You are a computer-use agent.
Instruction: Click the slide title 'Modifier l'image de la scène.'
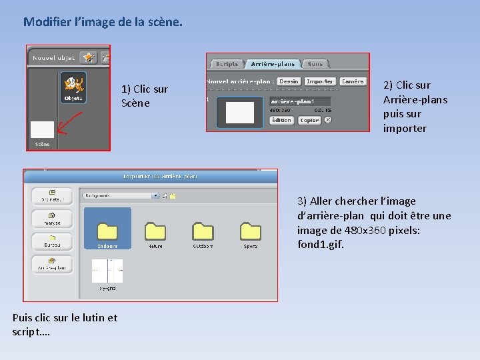click(x=102, y=22)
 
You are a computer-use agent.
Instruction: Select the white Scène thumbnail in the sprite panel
click(x=42, y=129)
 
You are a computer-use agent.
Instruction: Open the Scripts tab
click(x=227, y=64)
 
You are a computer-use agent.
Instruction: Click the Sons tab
click(x=315, y=64)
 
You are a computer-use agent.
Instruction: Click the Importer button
click(x=319, y=81)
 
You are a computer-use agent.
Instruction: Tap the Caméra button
click(x=352, y=81)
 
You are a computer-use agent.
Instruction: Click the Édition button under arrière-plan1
click(x=281, y=120)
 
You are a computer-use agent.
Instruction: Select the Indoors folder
click(x=107, y=230)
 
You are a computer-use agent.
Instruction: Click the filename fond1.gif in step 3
click(x=321, y=245)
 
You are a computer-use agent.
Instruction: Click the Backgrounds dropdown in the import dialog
click(x=120, y=196)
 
